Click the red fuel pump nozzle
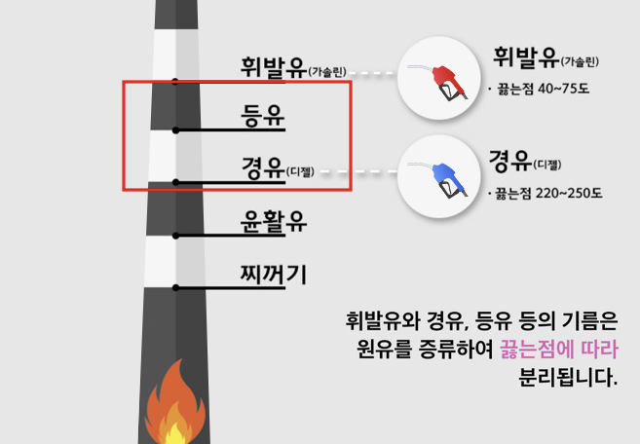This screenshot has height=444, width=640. [x=448, y=82]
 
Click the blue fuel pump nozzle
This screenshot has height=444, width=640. [x=448, y=180]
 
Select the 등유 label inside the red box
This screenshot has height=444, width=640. [x=262, y=116]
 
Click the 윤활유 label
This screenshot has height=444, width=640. [x=273, y=222]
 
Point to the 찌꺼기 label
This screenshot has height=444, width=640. [x=273, y=275]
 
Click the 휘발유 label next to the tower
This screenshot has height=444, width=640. [x=274, y=67]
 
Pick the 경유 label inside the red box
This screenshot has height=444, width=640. [x=262, y=167]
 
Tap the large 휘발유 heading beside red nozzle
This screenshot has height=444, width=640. [x=526, y=57]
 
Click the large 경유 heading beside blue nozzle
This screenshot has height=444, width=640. [x=510, y=161]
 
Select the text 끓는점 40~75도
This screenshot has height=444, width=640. [x=544, y=89]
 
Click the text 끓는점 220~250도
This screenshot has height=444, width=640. [x=548, y=193]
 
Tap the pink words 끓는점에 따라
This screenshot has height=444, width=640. [x=559, y=350]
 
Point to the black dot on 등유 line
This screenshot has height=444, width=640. [x=175, y=130]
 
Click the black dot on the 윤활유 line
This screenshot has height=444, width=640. [x=175, y=236]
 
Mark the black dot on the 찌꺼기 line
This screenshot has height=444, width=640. [x=175, y=287]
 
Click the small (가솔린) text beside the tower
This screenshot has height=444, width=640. [x=327, y=72]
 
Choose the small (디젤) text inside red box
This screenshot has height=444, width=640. [x=300, y=171]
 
